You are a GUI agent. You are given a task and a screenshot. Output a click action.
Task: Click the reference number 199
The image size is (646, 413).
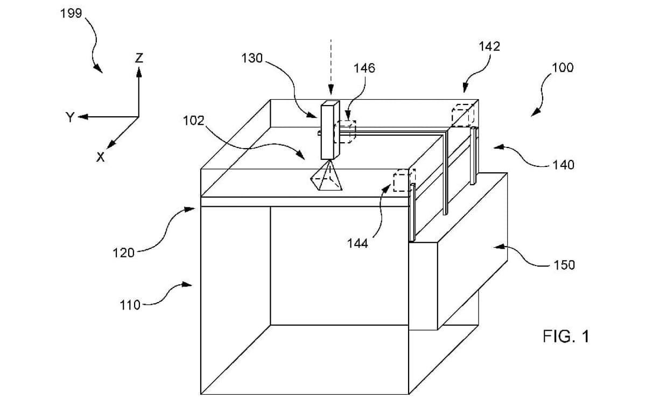[72, 13]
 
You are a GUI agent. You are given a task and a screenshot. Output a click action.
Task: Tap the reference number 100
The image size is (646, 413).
[563, 67]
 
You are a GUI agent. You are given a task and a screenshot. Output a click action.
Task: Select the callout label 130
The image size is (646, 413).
[251, 59]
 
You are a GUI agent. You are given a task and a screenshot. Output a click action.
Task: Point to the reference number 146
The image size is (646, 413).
[364, 68]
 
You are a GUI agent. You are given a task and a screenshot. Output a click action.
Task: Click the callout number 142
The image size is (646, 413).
[489, 46]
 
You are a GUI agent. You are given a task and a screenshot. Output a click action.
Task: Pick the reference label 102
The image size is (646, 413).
[193, 120]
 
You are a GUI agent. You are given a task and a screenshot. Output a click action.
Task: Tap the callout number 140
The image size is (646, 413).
[563, 164]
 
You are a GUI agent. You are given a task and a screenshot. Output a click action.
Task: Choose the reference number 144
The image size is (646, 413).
[357, 243]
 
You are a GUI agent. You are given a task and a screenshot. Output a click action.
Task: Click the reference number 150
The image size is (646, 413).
[564, 264]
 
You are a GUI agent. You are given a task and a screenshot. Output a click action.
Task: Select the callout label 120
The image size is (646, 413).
[123, 252]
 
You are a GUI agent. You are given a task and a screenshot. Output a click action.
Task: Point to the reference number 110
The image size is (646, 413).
[129, 305]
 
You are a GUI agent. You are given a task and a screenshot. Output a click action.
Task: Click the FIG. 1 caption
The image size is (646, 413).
[566, 337]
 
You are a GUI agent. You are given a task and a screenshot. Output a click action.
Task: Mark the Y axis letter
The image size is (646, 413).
[69, 117]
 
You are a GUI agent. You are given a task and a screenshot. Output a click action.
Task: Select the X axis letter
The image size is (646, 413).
[100, 157]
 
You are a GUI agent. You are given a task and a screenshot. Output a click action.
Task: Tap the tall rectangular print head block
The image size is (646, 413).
[329, 130]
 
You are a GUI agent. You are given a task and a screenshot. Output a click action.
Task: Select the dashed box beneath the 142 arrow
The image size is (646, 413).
[462, 115]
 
